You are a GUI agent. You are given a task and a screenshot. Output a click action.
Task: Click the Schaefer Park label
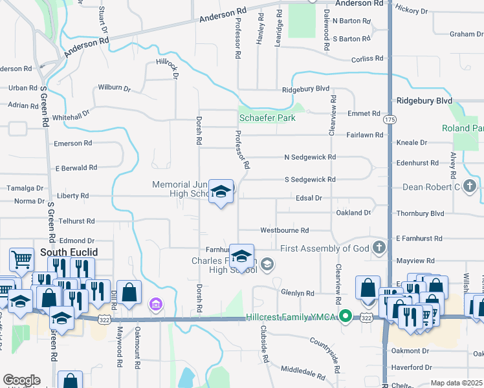click(x=267, y=118)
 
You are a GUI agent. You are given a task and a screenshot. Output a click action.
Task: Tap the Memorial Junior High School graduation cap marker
click(x=221, y=191)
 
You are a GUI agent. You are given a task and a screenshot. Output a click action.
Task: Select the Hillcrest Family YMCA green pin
click(x=346, y=317)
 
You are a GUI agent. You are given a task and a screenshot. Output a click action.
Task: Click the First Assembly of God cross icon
click(x=379, y=248)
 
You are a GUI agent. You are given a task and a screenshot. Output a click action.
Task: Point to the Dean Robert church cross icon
click(x=470, y=188)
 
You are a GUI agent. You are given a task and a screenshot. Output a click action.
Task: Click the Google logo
click(x=21, y=380)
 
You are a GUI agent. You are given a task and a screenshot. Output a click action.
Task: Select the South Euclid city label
click(x=63, y=252)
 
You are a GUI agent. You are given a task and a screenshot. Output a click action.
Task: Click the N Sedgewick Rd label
click(x=310, y=157)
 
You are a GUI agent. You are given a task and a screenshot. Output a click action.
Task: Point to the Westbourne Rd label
click(x=284, y=230)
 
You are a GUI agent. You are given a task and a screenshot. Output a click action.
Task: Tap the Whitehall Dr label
click(x=71, y=117)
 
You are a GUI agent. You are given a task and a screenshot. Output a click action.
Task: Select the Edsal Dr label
click(x=308, y=197)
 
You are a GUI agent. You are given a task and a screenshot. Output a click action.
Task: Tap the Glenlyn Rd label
click(x=297, y=293)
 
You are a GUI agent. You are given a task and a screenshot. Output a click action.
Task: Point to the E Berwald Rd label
click(x=76, y=167)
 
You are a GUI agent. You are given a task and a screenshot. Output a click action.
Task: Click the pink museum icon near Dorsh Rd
click(x=155, y=303)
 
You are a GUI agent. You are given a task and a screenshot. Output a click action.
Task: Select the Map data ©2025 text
click(x=457, y=383)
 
